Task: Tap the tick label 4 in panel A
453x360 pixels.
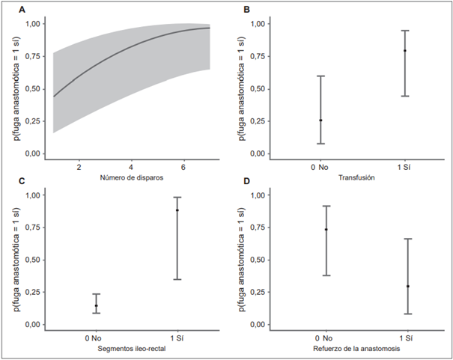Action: point(132,167)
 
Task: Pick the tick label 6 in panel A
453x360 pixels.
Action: point(184,167)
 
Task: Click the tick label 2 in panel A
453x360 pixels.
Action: point(79,167)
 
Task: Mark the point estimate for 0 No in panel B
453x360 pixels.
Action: point(321,120)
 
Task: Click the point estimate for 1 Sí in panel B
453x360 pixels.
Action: point(405,51)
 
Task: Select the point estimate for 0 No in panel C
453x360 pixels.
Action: point(96,305)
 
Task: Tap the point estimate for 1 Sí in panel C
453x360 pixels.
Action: point(177,210)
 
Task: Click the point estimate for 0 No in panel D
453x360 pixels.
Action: point(326,230)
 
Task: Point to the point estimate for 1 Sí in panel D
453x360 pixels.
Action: point(408,286)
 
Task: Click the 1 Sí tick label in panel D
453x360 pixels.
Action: point(407,338)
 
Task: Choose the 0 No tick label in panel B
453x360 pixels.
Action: point(321,167)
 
